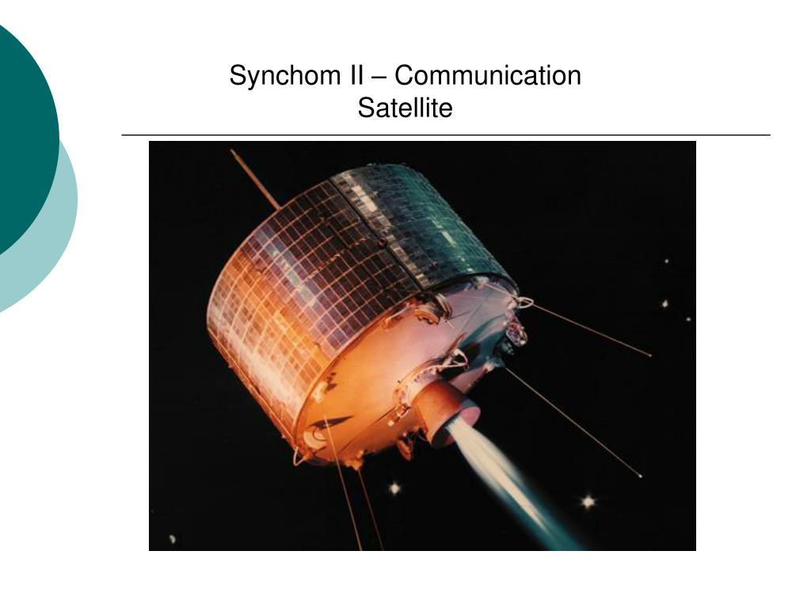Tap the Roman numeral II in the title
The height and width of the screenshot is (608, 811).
tap(352, 75)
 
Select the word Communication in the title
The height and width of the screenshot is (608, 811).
tap(488, 75)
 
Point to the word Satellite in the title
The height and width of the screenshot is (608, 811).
tap(405, 108)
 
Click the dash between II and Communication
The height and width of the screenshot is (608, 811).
tap(379, 78)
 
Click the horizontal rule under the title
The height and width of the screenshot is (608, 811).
tap(446, 135)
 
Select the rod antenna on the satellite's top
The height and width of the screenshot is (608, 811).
tap(256, 179)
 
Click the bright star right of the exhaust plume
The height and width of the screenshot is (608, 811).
tap(588, 501)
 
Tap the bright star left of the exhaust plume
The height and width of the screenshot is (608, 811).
tap(395, 488)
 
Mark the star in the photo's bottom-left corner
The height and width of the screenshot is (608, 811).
tap(172, 538)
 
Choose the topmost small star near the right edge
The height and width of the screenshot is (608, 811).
tap(667, 261)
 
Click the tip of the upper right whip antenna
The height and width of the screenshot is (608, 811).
tap(650, 355)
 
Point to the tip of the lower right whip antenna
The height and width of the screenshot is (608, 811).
tap(642, 476)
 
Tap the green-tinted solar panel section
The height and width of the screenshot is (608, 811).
tap(429, 222)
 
